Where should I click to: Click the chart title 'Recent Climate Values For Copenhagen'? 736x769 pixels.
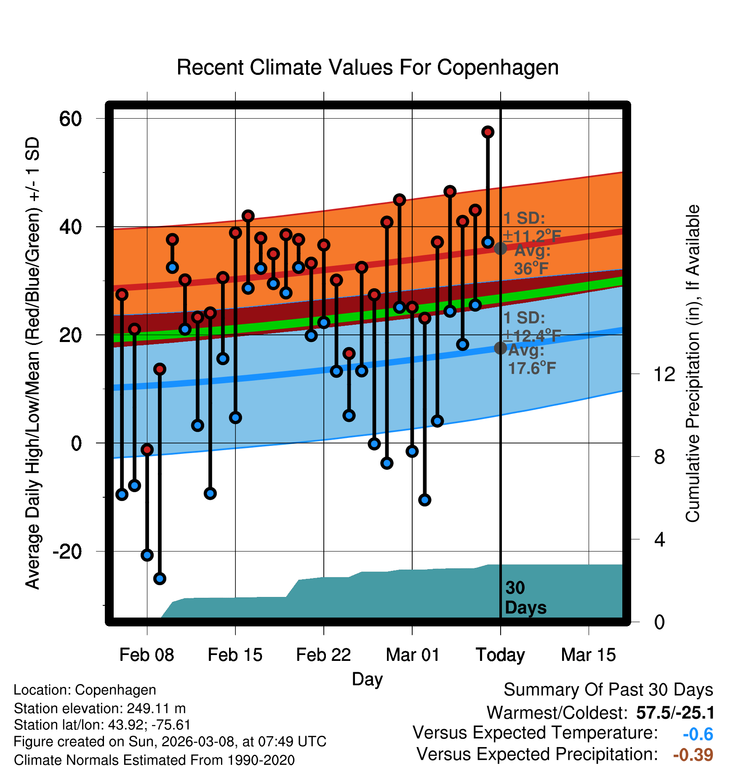point(368,67)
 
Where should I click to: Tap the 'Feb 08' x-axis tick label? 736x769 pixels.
point(147,655)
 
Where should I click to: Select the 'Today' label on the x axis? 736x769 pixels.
point(500,655)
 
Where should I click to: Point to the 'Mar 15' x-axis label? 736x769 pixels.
point(588,655)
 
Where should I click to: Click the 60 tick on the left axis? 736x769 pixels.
point(70,119)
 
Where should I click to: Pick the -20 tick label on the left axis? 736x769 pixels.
point(67,551)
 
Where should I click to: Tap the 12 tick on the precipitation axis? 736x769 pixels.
point(664,374)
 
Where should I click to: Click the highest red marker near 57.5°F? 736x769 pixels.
point(488,132)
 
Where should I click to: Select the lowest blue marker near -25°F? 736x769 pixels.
point(160,578)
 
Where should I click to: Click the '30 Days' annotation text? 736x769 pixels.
point(525,598)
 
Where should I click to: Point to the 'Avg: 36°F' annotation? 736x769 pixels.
point(532,260)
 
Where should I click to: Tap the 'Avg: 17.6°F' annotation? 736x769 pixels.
point(531,359)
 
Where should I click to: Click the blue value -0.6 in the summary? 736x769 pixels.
point(698,734)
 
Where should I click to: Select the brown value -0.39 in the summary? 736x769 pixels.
point(693,755)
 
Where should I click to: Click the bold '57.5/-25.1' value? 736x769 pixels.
point(675,713)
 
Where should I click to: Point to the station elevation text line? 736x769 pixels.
point(100,708)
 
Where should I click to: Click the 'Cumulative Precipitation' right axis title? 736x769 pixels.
point(692,364)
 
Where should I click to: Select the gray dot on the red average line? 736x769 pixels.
point(500,249)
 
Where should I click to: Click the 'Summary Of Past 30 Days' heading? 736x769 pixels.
point(608,690)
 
